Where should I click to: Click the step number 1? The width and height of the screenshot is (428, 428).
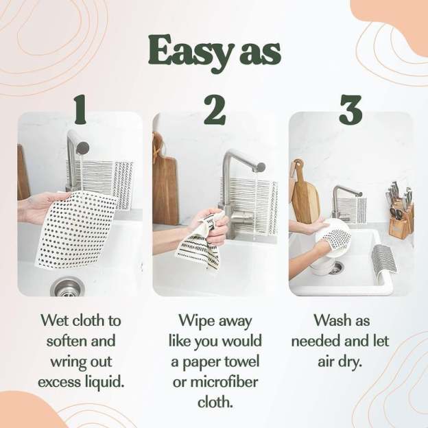pyautogui.click(x=80, y=110)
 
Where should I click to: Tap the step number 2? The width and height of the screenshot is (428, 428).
pyautogui.click(x=215, y=110)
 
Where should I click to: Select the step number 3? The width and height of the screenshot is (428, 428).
pyautogui.click(x=350, y=110)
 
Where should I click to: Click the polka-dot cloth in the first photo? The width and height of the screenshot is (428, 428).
pyautogui.click(x=75, y=230)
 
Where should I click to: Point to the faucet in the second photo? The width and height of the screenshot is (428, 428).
pyautogui.click(x=237, y=178)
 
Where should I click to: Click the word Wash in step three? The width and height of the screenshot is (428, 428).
pyautogui.click(x=331, y=320)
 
